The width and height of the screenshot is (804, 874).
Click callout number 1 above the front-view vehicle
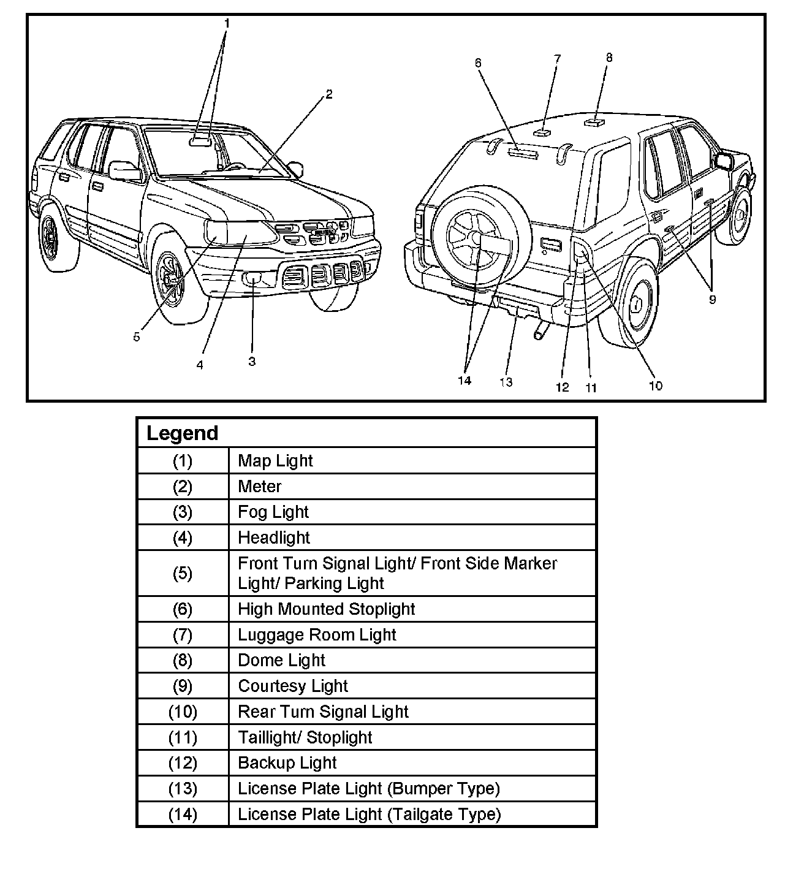pyautogui.click(x=227, y=24)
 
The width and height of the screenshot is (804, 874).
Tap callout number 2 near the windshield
pyautogui.click(x=329, y=94)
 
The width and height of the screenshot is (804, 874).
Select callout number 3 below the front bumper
pyautogui.click(x=252, y=362)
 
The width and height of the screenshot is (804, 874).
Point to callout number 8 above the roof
pyautogui.click(x=609, y=58)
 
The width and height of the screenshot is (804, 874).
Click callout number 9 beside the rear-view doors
pyautogui.click(x=712, y=300)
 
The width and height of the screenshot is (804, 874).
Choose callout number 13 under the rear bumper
pyautogui.click(x=506, y=382)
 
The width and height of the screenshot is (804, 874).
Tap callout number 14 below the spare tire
pyautogui.click(x=465, y=380)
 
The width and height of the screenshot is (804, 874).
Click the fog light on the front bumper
pyautogui.click(x=252, y=280)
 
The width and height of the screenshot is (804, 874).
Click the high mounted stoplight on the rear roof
pyautogui.click(x=522, y=153)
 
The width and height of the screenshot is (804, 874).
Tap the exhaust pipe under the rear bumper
pyautogui.click(x=540, y=332)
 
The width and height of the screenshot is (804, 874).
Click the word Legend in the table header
pyautogui.click(x=182, y=433)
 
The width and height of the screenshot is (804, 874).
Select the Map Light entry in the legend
pyautogui.click(x=275, y=460)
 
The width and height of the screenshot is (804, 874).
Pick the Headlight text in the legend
pyautogui.click(x=274, y=538)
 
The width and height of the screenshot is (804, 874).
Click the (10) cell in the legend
pyautogui.click(x=183, y=712)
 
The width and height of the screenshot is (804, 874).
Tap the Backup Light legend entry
pyautogui.click(x=287, y=763)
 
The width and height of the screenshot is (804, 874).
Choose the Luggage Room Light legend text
pyautogui.click(x=317, y=635)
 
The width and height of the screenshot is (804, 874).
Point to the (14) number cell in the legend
pyautogui.click(x=183, y=815)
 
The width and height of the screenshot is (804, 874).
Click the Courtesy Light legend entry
pyautogui.click(x=293, y=686)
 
